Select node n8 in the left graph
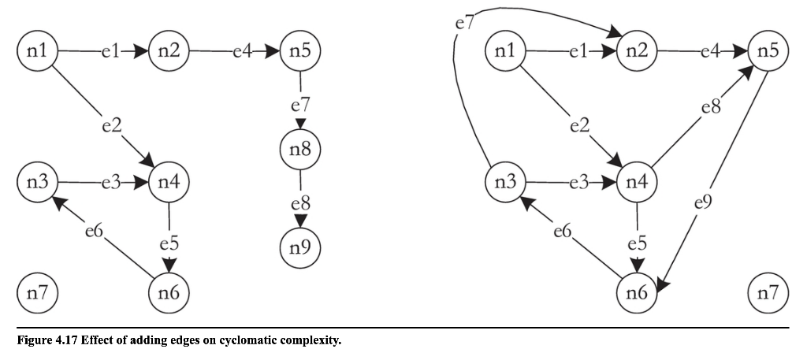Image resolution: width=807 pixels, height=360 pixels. (300, 150)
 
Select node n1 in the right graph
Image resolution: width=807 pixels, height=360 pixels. (504, 53)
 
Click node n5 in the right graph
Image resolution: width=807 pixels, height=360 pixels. (767, 53)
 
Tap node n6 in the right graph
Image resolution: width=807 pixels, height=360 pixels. (637, 293)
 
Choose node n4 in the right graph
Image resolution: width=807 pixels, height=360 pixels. (637, 184)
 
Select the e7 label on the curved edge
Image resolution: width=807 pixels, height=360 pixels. (464, 23)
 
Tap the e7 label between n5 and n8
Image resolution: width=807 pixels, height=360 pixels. (300, 102)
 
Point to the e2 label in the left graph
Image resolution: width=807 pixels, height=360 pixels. (111, 124)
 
